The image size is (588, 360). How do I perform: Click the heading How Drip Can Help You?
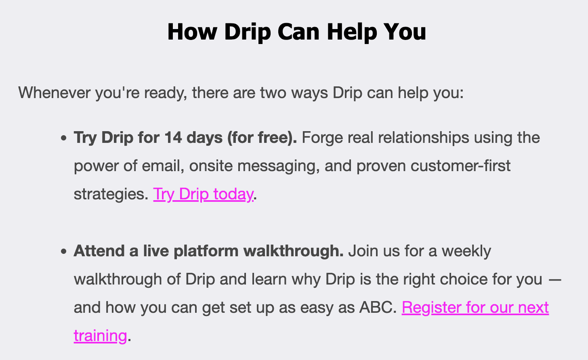[x=296, y=31]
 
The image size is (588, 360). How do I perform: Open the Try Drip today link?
[x=203, y=194]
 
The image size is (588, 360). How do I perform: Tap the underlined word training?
[x=100, y=336]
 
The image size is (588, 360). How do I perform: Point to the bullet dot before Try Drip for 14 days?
[x=63, y=138]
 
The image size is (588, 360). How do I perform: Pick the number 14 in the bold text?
[x=173, y=138]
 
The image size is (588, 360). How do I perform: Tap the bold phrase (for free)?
[x=262, y=138]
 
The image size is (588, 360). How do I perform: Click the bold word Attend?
[x=99, y=251]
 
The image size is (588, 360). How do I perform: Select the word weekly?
[x=466, y=251]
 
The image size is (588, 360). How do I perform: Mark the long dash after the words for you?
[x=555, y=279]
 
